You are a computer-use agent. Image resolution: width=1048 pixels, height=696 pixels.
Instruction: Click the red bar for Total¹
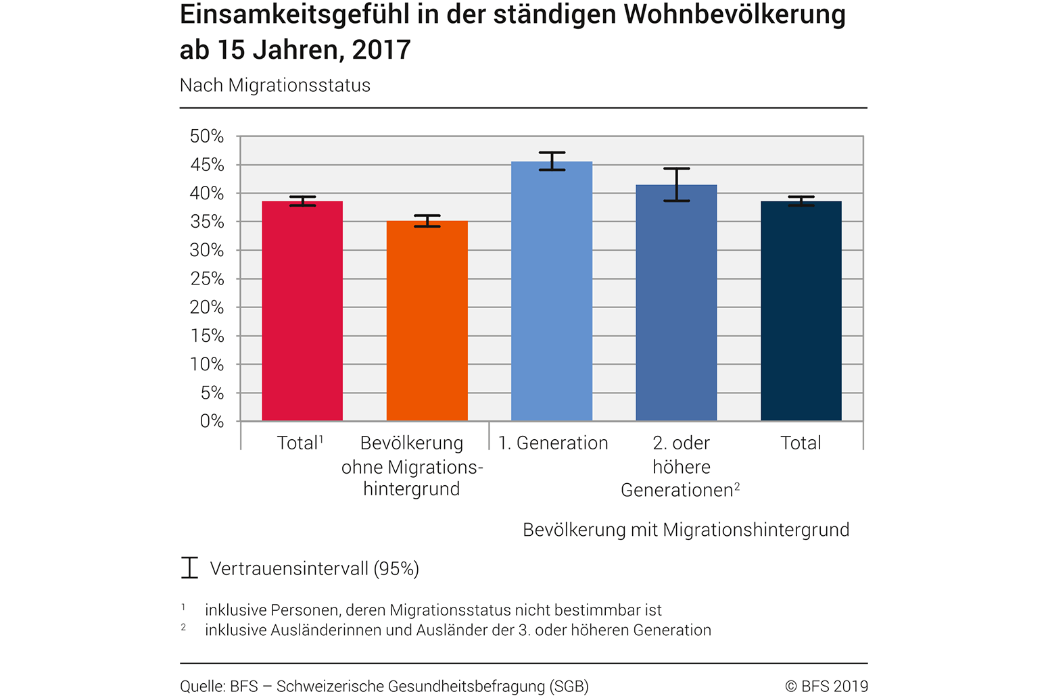tap(302, 311)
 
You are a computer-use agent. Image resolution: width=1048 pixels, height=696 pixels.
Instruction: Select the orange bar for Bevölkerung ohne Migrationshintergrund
tap(427, 321)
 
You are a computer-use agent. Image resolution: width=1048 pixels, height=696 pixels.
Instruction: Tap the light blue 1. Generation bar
tap(552, 291)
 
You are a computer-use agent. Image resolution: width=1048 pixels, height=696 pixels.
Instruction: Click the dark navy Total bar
tap(801, 311)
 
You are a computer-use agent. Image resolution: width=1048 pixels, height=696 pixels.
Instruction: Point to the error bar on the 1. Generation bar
tap(552, 161)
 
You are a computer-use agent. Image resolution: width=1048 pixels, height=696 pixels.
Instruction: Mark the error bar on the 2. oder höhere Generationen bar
tap(676, 184)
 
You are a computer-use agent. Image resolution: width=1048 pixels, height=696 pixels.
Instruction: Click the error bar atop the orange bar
tap(427, 221)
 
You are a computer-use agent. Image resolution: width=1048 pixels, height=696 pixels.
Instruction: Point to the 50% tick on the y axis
tap(207, 136)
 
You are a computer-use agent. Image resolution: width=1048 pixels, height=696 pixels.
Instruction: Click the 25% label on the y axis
tap(207, 278)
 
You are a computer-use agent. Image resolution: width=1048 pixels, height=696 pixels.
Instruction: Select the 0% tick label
tap(212, 421)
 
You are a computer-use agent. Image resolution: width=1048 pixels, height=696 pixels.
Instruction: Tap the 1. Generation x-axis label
tap(553, 443)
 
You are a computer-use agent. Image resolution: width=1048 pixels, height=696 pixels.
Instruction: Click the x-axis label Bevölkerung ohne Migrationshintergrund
tap(412, 466)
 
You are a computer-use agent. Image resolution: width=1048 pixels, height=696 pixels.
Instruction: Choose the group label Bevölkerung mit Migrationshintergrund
tap(686, 530)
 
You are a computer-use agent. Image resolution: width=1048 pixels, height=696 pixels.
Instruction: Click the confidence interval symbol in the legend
tap(189, 568)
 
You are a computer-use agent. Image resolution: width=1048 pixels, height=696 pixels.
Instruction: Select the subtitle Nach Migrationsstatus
tap(275, 86)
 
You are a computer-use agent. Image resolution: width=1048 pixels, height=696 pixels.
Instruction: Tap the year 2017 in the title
tap(381, 50)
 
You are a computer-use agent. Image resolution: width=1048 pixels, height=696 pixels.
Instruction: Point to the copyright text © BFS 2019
tap(826, 687)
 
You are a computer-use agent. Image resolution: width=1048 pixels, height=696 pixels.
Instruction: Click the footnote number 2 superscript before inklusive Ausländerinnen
tap(183, 628)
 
